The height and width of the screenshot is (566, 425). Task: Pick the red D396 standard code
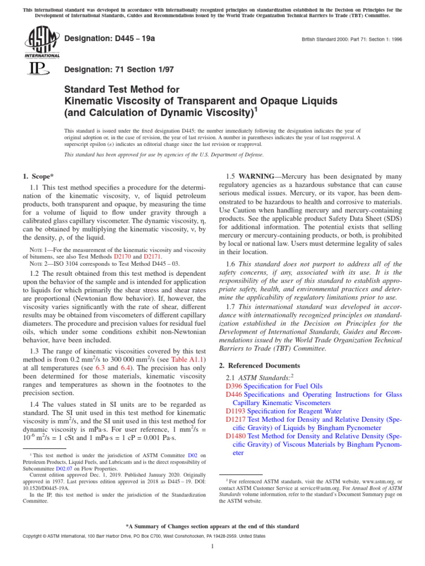click(x=234, y=386)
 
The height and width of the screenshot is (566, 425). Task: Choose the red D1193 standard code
click(x=236, y=411)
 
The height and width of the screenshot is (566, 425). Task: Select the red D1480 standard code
click(x=236, y=437)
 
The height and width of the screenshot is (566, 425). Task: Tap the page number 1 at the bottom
click(x=212, y=547)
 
